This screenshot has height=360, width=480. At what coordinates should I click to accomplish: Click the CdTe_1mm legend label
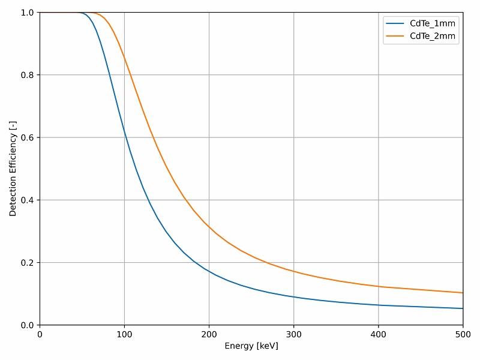(433, 23)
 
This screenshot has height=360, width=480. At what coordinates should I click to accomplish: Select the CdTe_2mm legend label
(433, 36)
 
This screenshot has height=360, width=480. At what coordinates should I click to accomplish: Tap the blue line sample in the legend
(395, 23)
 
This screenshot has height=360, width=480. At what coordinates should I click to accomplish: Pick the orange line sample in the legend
(395, 36)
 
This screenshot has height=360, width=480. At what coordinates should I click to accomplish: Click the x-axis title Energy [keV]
(251, 346)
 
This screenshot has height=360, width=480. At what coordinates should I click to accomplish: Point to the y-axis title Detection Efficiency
(13, 169)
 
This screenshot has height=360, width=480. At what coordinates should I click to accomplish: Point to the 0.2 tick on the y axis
(27, 263)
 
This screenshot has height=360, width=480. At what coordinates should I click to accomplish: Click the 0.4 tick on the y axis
(27, 200)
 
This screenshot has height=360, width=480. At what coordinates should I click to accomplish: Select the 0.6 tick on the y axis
(27, 137)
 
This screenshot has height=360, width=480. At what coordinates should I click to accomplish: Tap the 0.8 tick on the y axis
(27, 75)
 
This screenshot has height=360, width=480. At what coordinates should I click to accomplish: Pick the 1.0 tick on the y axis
(27, 13)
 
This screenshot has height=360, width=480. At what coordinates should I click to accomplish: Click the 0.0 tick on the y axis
(27, 325)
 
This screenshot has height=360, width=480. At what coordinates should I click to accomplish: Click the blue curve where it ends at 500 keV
(463, 308)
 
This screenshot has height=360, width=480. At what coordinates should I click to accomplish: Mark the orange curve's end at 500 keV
(463, 293)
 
